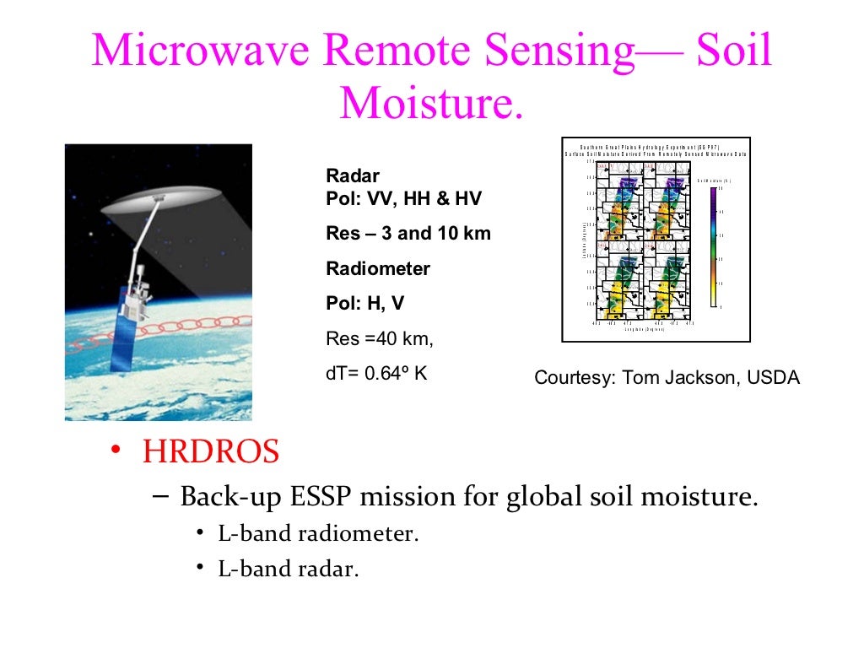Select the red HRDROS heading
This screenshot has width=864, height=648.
210,452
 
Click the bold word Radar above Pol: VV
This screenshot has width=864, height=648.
352,176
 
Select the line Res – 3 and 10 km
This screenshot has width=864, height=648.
408,234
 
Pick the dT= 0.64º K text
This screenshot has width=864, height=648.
375,373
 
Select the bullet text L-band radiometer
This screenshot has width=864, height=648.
318,534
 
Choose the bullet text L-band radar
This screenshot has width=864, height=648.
289,569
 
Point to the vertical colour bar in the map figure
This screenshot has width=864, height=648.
713,246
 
